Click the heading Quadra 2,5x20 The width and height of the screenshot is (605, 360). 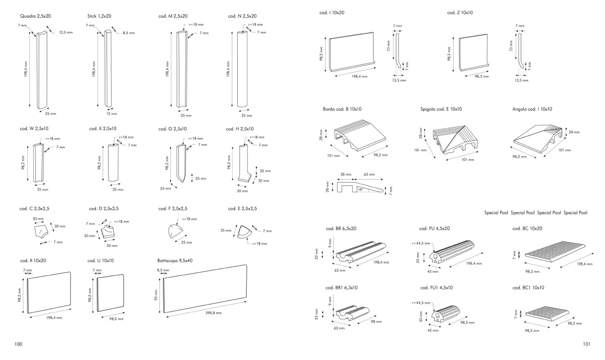35,16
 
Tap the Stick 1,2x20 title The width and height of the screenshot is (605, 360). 99,16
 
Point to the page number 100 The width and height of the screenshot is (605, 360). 18,344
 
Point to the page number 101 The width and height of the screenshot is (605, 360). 587,344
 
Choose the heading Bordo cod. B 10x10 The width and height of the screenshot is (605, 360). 342,109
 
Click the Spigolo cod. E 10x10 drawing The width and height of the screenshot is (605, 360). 455,139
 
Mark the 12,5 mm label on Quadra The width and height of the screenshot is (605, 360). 66,33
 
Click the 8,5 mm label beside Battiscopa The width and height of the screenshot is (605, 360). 163,270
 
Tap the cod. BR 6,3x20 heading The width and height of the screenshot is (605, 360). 341,228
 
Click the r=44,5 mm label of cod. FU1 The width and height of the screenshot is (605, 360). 421,302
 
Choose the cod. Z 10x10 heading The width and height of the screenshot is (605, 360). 460,12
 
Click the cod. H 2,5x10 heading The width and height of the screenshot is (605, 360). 241,128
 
